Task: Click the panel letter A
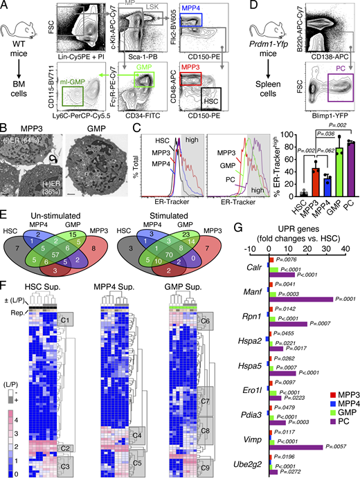point(6,6)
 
